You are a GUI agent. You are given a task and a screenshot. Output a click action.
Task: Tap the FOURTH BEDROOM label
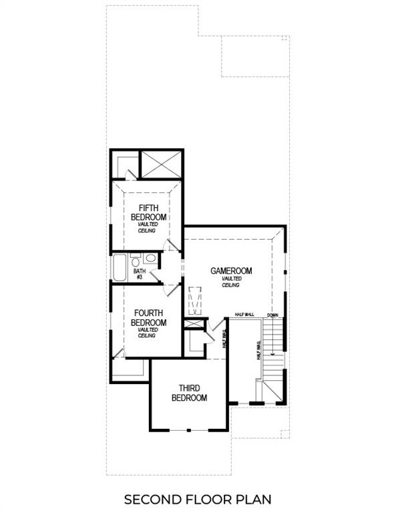148,317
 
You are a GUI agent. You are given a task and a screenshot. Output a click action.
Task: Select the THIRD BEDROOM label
189,393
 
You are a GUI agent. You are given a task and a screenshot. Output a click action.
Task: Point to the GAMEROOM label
231,271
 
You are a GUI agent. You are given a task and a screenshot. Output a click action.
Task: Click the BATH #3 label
140,274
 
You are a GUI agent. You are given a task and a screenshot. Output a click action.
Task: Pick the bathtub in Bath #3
120,267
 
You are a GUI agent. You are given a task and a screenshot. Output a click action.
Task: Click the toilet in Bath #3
136,261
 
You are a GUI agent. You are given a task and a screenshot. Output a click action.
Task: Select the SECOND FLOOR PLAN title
198,499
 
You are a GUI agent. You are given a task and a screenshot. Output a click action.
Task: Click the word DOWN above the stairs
272,315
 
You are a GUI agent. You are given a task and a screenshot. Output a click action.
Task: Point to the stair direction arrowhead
272,355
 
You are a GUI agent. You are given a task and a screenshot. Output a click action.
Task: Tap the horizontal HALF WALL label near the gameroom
244,315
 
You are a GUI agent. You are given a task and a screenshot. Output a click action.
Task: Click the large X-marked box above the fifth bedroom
161,164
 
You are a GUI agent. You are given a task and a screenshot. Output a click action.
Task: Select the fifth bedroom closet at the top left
124,166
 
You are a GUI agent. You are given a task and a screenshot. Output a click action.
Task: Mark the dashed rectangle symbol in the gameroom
195,301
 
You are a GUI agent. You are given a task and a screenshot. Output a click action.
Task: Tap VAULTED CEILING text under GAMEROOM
231,283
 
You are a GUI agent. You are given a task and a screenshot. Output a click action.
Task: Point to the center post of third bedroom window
190,429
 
